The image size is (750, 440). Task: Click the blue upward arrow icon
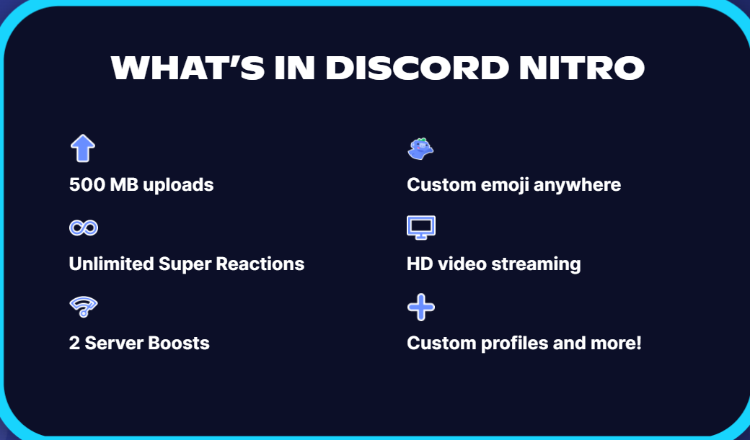(x=83, y=148)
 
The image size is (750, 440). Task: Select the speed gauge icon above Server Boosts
(x=84, y=307)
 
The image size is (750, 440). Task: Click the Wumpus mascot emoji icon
(x=420, y=148)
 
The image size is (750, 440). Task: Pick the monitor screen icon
(x=421, y=228)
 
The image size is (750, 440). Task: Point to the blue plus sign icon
(x=421, y=307)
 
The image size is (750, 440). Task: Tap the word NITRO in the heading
(x=582, y=68)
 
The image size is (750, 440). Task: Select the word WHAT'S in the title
(x=187, y=68)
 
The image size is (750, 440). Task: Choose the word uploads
(x=178, y=185)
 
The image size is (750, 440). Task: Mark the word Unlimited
(x=111, y=264)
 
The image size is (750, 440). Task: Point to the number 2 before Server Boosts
(x=74, y=343)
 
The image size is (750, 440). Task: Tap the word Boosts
(x=179, y=343)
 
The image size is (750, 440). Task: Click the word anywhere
(x=578, y=185)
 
